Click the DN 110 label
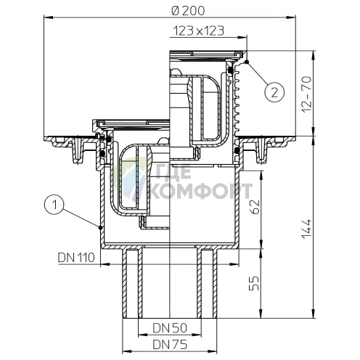pyautogui.click(x=77, y=255)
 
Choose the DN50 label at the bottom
pyautogui.click(x=168, y=327)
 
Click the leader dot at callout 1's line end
pyautogui.click(x=99, y=227)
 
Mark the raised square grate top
pyautogui.click(x=207, y=53)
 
